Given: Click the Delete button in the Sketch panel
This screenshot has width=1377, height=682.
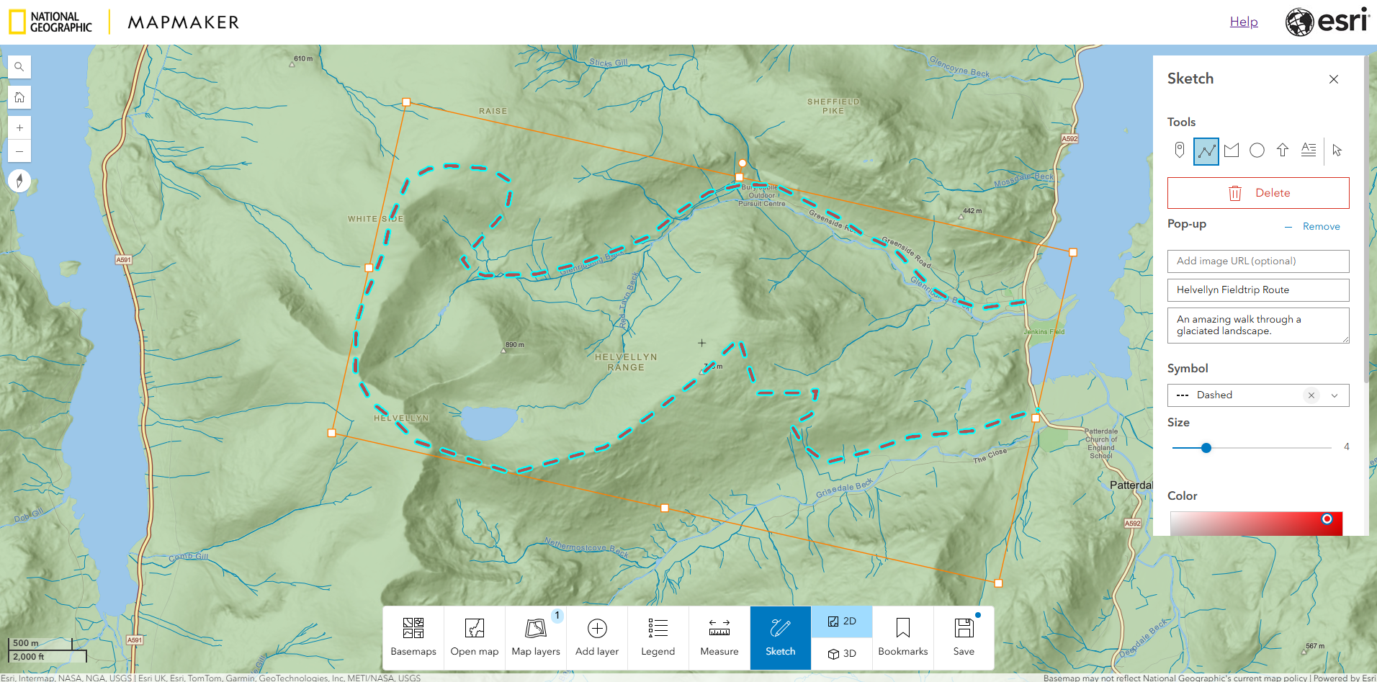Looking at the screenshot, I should point(1257,193).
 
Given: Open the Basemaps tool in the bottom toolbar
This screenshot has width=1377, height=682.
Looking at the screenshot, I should point(413,637).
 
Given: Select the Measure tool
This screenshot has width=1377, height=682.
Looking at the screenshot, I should point(719,637).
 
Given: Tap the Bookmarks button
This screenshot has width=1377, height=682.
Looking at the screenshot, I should point(902,637).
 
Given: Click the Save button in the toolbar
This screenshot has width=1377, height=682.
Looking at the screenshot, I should point(964,637).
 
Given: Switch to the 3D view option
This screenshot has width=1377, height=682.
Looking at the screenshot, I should point(842,653).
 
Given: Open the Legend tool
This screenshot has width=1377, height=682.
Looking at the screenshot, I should point(658,637).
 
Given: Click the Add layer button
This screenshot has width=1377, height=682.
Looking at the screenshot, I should point(597,637).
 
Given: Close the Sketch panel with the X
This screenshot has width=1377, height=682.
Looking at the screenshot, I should point(1334,79).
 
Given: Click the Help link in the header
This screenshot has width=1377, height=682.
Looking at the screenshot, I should point(1244,22).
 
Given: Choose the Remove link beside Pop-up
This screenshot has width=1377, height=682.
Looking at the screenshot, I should point(1321,226).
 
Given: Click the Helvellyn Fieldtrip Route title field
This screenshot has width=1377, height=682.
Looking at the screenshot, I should point(1257,290).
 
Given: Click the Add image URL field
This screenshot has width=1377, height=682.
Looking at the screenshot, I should point(1257,261).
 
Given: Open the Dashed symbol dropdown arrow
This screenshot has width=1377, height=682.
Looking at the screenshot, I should point(1335,395).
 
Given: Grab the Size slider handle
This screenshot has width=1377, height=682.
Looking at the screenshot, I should point(1206,448).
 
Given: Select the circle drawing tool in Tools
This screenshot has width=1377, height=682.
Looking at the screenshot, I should point(1257,151).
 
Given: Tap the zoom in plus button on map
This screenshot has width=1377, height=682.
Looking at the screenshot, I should point(19,127).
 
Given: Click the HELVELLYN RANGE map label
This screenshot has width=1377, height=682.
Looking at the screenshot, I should point(626,362).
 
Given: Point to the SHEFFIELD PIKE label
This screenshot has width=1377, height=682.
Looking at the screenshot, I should point(833,106).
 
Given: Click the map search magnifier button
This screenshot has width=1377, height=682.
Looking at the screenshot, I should point(19,67).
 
